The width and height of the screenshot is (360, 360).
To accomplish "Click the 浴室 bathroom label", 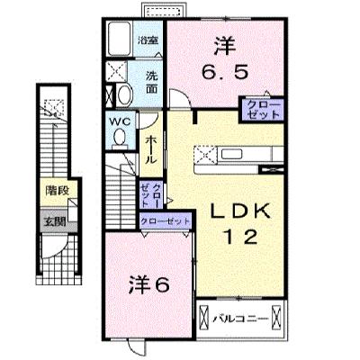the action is pos(148,40).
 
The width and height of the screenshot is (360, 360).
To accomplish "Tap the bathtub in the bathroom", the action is pos(120,39).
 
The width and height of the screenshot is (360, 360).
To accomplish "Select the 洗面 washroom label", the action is pos(151,83).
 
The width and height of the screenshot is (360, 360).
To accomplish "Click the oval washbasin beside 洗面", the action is pos(124,94).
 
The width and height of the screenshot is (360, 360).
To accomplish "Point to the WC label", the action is pos(120,122).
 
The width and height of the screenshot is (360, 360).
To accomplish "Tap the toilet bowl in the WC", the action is pos(120,138).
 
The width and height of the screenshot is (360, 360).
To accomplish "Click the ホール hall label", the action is pos(151,150).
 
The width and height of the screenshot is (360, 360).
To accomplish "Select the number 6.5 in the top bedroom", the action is pos(225,72).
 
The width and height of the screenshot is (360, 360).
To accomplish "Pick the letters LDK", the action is pos(240,211).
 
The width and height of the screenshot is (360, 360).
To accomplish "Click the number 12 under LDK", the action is pos(241,237).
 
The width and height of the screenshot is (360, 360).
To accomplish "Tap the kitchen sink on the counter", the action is pos(232,155).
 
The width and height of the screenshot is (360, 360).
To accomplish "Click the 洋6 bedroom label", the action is pos(149,285).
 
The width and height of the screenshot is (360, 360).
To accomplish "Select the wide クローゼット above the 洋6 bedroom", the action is pos(166,222).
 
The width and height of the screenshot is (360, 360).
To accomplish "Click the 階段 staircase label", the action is pos(58,191).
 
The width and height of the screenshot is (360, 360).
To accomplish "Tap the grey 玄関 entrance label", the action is pos(55,222).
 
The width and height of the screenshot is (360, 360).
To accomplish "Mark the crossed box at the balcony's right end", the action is pos(276,318).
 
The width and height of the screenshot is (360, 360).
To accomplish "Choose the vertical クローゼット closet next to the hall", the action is pos(151,194).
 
